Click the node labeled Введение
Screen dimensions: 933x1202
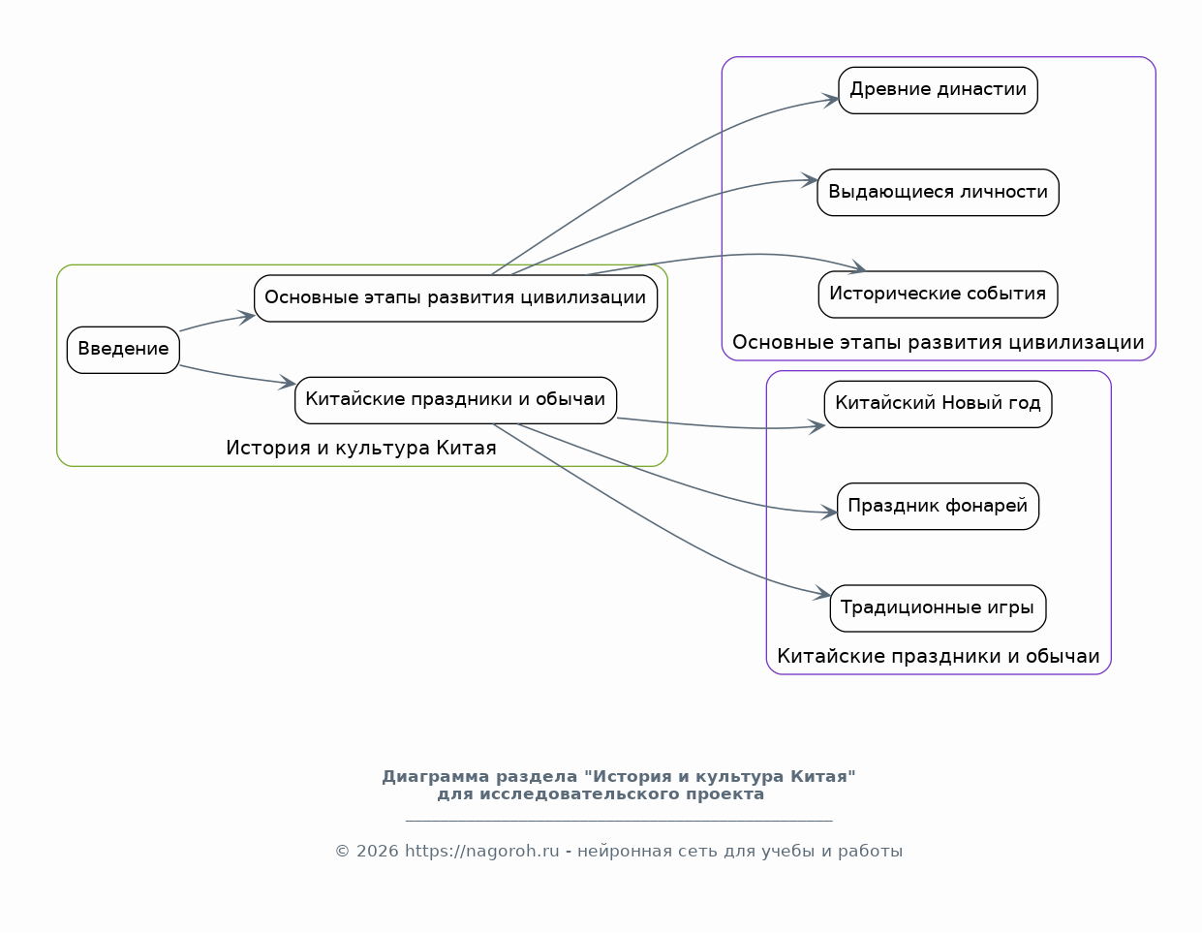tap(123, 349)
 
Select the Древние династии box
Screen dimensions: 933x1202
tap(938, 90)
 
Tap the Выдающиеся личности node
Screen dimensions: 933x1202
tap(938, 192)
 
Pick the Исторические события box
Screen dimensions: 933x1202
tap(938, 294)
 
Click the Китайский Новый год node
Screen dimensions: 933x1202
tap(938, 403)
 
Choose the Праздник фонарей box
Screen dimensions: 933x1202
tap(938, 506)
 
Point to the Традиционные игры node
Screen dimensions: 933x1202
tap(938, 607)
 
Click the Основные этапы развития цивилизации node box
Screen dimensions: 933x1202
tap(455, 297)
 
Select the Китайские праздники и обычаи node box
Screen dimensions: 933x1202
tap(455, 399)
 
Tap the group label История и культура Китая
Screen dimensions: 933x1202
tap(360, 449)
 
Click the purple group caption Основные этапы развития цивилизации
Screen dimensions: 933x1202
tap(938, 343)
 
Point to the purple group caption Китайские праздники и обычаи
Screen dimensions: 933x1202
tap(938, 657)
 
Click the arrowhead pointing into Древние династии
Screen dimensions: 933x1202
tap(831, 99)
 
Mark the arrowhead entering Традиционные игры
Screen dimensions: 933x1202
tap(822, 593)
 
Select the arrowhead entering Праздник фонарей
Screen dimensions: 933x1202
tap(829, 513)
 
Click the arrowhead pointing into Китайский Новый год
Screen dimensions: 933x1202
tap(817, 425)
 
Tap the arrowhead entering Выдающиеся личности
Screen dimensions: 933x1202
tap(810, 180)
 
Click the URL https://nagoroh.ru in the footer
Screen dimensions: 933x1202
tap(481, 852)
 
